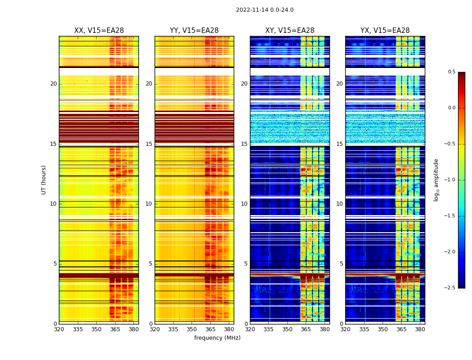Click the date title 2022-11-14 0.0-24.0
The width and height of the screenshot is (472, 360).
pos(264,10)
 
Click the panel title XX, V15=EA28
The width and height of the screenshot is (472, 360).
pos(99,31)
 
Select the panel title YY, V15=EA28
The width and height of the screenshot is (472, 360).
pos(194,31)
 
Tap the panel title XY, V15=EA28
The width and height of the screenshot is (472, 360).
pos(289,31)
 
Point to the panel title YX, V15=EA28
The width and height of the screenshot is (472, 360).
pos(385,31)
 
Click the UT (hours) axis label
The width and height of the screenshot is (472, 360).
pos(44,180)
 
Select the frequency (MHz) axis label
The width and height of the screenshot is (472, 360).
pos(217,338)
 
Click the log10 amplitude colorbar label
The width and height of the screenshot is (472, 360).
pos(436,180)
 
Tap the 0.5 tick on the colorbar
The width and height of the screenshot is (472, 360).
pos(451,72)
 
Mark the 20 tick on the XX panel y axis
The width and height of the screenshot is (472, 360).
pos(53,84)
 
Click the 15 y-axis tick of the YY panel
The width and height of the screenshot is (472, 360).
pos(149,144)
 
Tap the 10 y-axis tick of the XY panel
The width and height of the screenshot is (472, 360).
pos(244,204)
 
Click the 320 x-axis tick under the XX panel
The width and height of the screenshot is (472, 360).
pos(59,329)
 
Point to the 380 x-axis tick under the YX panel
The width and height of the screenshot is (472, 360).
pos(420,329)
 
